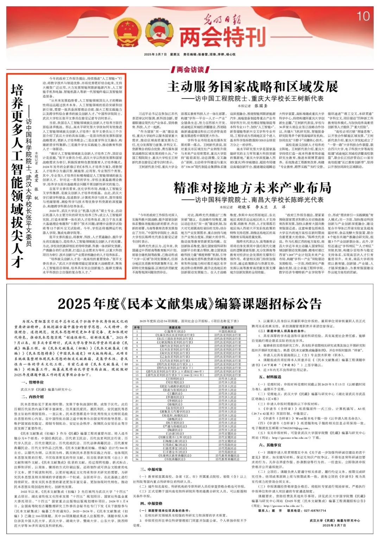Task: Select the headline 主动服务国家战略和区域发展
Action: pos(252,87)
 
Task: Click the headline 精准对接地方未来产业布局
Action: pos(252,188)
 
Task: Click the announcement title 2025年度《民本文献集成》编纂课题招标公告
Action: pos(190,303)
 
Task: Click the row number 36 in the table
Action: pos(137,459)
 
